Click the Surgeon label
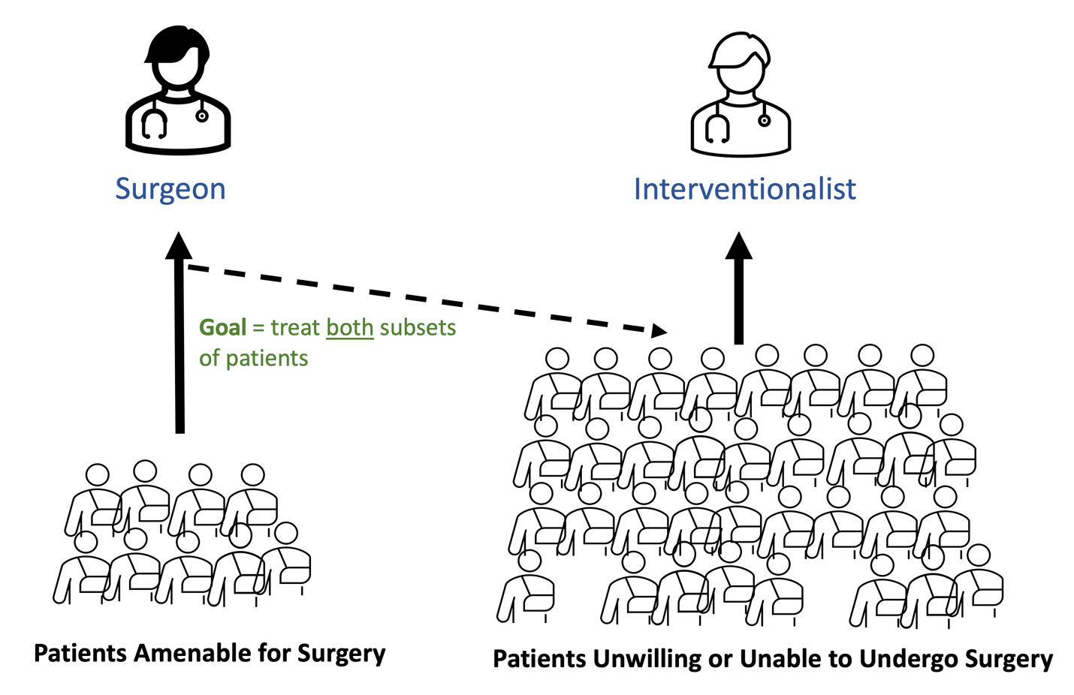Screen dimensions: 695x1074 170,189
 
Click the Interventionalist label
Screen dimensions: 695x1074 744,189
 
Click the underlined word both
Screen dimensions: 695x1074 350,328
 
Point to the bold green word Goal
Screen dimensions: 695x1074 222,328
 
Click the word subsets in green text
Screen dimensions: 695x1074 418,328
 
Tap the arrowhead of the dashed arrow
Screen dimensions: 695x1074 659,330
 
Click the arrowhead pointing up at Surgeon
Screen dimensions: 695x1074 179,245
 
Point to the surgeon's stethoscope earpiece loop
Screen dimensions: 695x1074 155,125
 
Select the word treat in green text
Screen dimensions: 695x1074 295,328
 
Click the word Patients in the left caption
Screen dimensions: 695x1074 80,654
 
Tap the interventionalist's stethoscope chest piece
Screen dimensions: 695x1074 764,120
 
